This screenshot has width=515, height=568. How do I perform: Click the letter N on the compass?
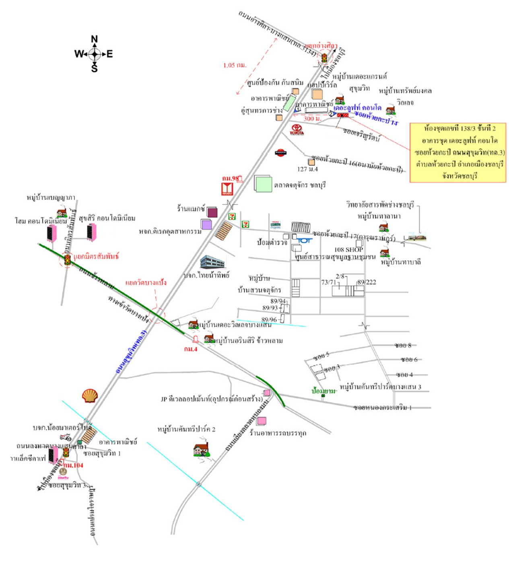pyautogui.click(x=94, y=39)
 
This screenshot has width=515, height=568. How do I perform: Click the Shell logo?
pyautogui.click(x=90, y=396)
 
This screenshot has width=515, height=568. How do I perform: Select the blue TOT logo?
pyautogui.click(x=305, y=240)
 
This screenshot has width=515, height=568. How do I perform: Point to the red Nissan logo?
pyautogui.click(x=280, y=153)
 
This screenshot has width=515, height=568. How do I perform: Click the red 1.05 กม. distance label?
pyautogui.click(x=235, y=65)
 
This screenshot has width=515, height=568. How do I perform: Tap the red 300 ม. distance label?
pyautogui.click(x=312, y=119)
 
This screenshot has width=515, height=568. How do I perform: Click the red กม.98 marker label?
pyautogui.click(x=230, y=178)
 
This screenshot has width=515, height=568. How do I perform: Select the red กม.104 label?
pyautogui.click(x=73, y=465)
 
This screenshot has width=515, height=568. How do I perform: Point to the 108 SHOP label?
pyautogui.click(x=348, y=250)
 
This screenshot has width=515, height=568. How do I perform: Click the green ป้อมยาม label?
pyautogui.click(x=323, y=391)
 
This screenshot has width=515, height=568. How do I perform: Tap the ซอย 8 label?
pyautogui.click(x=403, y=345)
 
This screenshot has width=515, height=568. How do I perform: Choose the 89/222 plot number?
pyautogui.click(x=367, y=282)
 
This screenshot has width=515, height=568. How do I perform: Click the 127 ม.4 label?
pyautogui.click(x=307, y=169)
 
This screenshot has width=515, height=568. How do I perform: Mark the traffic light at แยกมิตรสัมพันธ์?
pyautogui.click(x=67, y=260)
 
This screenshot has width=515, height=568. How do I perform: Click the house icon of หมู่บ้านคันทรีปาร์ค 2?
pyautogui.click(x=201, y=449)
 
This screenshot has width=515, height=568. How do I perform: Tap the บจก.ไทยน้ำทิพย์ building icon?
pyautogui.click(x=212, y=262)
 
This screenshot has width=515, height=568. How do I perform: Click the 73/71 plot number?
pyautogui.click(x=328, y=282)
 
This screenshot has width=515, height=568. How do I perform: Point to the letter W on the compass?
pyautogui.click(x=79, y=54)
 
